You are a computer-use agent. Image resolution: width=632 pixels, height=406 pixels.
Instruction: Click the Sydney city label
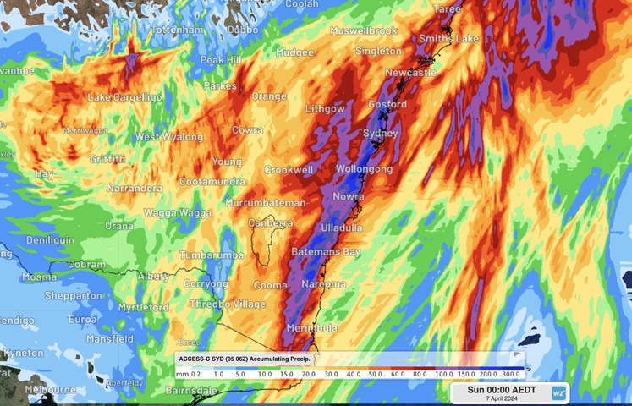380,134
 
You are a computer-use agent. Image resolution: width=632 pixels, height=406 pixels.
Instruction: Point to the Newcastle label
410,73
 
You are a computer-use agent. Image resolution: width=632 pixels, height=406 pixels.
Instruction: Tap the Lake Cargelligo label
124,97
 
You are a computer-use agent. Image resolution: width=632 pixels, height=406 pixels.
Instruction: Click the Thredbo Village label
228,304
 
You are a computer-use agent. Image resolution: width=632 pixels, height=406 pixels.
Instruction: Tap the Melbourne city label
51,390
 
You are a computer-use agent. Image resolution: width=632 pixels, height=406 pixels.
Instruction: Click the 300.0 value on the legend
510,373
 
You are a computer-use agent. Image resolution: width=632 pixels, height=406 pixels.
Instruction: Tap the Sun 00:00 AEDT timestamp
500,389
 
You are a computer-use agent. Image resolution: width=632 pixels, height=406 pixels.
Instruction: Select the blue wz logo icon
558,393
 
